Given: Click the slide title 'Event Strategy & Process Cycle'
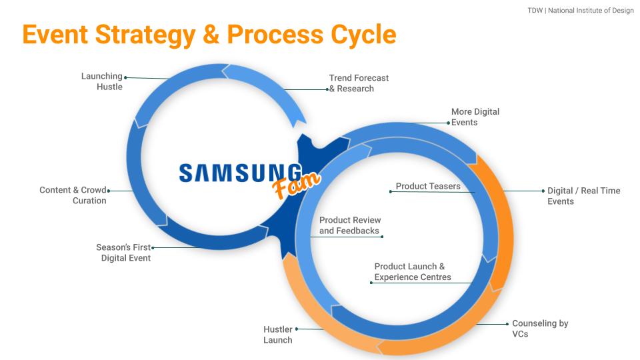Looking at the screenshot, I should click(x=209, y=35).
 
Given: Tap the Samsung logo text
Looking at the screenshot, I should click(x=240, y=173).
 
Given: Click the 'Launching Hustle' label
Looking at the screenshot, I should click(x=102, y=81).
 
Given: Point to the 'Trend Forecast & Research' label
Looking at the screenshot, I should click(x=359, y=83).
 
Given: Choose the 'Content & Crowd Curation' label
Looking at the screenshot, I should click(x=73, y=195).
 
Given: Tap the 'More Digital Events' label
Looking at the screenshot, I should click(x=475, y=117).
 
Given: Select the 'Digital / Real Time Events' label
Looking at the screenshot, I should click(x=583, y=195).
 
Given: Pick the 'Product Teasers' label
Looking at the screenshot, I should click(x=428, y=187).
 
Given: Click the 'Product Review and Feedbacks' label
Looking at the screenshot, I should click(x=350, y=225).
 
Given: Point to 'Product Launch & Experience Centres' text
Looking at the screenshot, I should click(x=412, y=271).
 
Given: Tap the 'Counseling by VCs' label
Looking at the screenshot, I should click(x=539, y=328).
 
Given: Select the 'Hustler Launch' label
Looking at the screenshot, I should click(x=278, y=335).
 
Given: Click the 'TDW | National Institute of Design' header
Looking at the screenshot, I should click(x=580, y=11).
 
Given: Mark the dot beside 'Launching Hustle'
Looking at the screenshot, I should click(x=125, y=77).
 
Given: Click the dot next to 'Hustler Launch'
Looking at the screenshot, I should click(x=297, y=329).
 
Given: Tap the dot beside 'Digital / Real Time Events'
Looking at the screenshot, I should click(x=543, y=191).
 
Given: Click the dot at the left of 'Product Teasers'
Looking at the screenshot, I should click(x=391, y=192).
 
